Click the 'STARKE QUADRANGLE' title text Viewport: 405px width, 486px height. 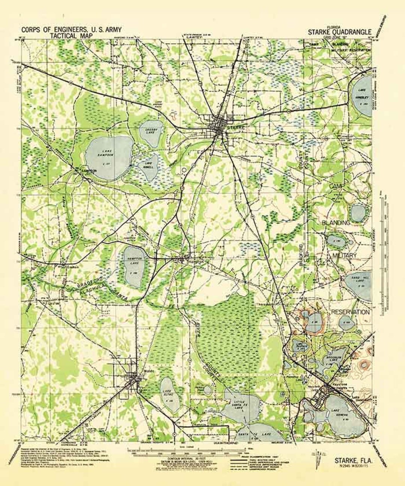[340, 32]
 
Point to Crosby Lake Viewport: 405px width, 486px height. [151, 132]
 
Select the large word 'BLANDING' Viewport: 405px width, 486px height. [336, 223]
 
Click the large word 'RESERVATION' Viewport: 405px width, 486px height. [349, 312]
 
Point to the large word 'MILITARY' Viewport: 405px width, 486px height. [344, 255]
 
